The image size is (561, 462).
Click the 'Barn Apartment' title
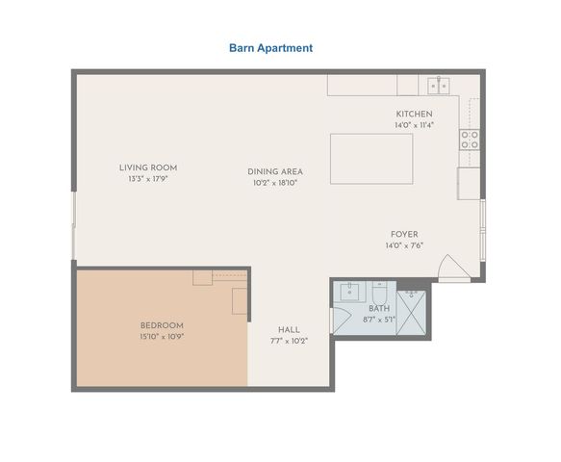(x=270, y=47)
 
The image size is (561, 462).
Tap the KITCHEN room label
(x=414, y=114)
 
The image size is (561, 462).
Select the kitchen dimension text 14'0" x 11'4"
(x=414, y=125)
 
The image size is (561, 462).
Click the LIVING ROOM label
(x=148, y=167)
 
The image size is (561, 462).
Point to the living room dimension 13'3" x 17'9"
(x=148, y=179)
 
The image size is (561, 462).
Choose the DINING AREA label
(x=275, y=171)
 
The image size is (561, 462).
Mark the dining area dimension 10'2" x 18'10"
(x=275, y=183)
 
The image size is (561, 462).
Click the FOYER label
(x=404, y=234)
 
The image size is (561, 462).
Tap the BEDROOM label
(x=162, y=325)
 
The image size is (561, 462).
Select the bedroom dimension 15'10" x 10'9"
(x=162, y=338)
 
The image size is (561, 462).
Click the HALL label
(x=289, y=329)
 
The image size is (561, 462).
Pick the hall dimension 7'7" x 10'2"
(x=289, y=341)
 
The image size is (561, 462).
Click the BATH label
(x=378, y=308)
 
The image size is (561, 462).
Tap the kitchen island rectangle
(x=371, y=159)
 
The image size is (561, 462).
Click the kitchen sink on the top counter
(x=439, y=85)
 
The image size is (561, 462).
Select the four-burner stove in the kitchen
(x=471, y=139)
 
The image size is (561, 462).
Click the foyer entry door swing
(x=450, y=268)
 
